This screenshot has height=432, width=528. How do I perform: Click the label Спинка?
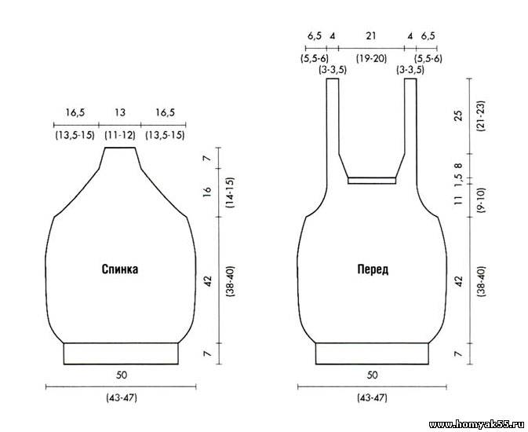point(120,269)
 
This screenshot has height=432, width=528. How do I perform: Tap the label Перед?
point(373,269)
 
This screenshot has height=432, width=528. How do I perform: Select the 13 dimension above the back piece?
point(120,112)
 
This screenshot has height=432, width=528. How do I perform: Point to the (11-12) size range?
point(120,136)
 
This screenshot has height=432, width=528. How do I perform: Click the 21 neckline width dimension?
point(370,36)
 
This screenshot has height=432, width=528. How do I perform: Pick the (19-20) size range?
point(371,59)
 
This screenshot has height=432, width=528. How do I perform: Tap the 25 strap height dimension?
point(458,115)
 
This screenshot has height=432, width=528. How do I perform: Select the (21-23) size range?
point(480,115)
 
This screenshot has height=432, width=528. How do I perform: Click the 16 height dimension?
point(207,192)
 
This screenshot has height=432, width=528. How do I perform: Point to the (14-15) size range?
point(231,192)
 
